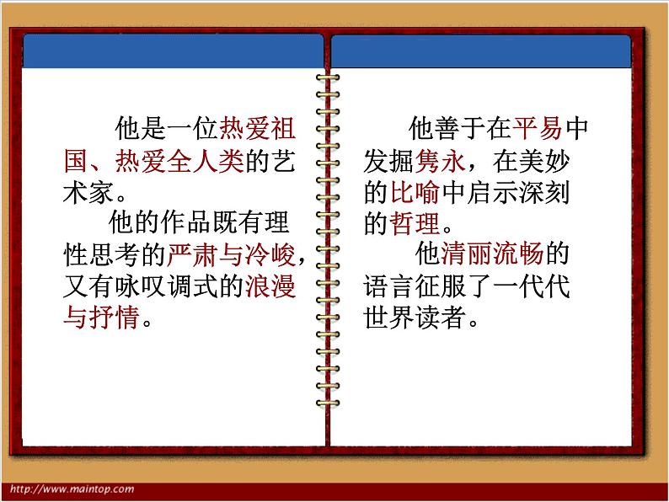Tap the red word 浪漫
[270, 287]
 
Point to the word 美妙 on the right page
[547, 160]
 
